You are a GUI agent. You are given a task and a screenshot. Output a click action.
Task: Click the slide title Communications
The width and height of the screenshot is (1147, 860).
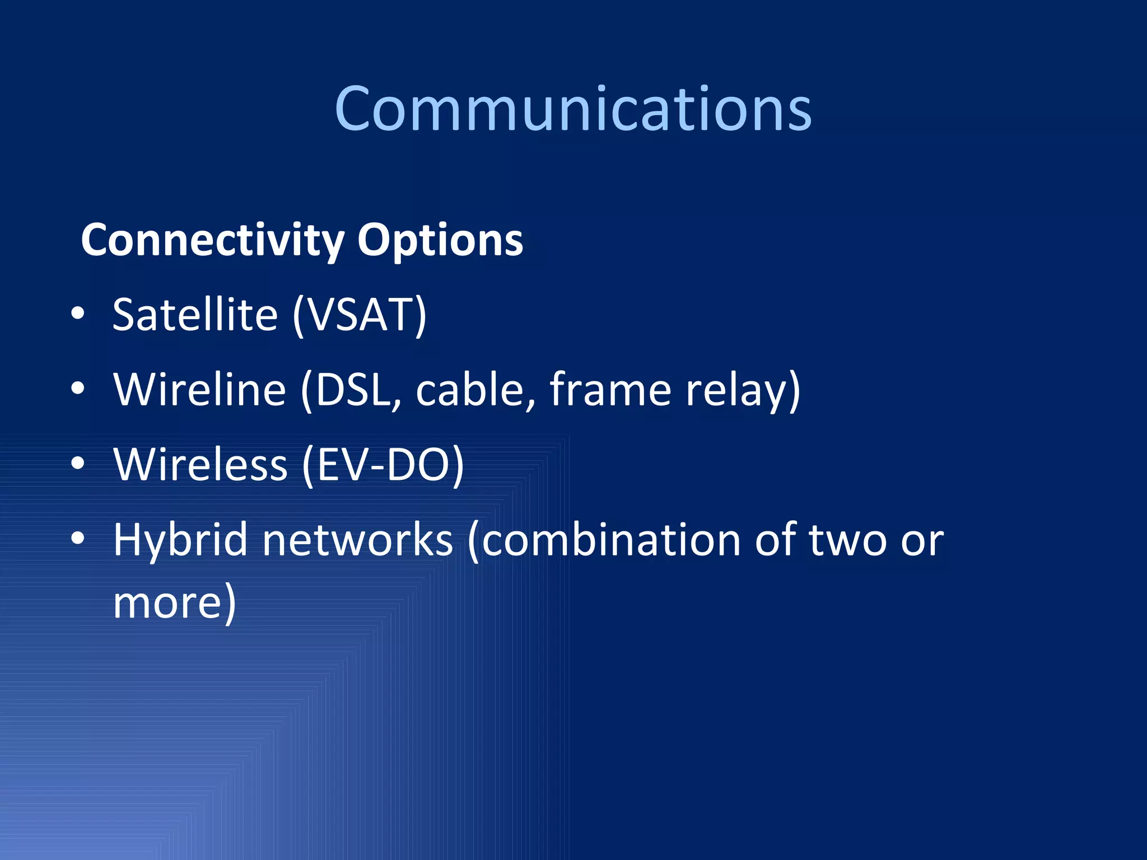[573, 109]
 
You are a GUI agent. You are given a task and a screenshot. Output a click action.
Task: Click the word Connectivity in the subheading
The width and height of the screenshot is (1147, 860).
[212, 240]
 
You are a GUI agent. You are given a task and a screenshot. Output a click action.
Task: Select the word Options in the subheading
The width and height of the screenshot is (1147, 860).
[440, 240]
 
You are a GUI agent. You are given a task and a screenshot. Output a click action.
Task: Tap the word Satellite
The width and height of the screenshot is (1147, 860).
[195, 315]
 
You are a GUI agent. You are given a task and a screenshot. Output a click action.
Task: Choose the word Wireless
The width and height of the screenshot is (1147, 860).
[201, 464]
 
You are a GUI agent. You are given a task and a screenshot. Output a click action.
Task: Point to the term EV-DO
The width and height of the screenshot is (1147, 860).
[383, 464]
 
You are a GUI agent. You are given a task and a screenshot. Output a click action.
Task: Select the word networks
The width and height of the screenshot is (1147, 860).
[357, 540]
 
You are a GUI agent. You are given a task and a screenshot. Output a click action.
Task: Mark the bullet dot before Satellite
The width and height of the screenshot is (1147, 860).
[78, 314]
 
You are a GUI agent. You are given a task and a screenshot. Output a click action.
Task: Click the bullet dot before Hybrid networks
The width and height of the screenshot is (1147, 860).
[78, 539]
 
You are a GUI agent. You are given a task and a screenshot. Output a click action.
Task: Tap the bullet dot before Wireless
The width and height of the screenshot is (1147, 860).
[78, 464]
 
